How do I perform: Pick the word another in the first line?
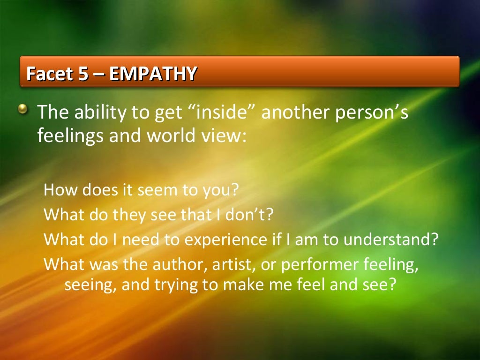tap(295, 113)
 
